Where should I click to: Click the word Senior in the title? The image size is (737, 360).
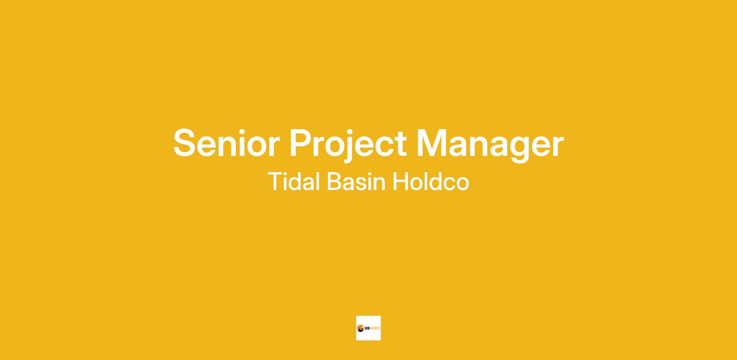(226, 143)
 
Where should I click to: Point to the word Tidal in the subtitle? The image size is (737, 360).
(294, 181)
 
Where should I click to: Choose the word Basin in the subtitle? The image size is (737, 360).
(356, 181)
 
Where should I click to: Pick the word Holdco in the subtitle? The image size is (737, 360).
(431, 181)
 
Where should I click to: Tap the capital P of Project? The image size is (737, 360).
(301, 143)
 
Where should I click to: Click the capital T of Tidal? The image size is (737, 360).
(275, 181)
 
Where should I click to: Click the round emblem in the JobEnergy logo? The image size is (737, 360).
(360, 328)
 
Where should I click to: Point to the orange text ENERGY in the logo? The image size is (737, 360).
(374, 328)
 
